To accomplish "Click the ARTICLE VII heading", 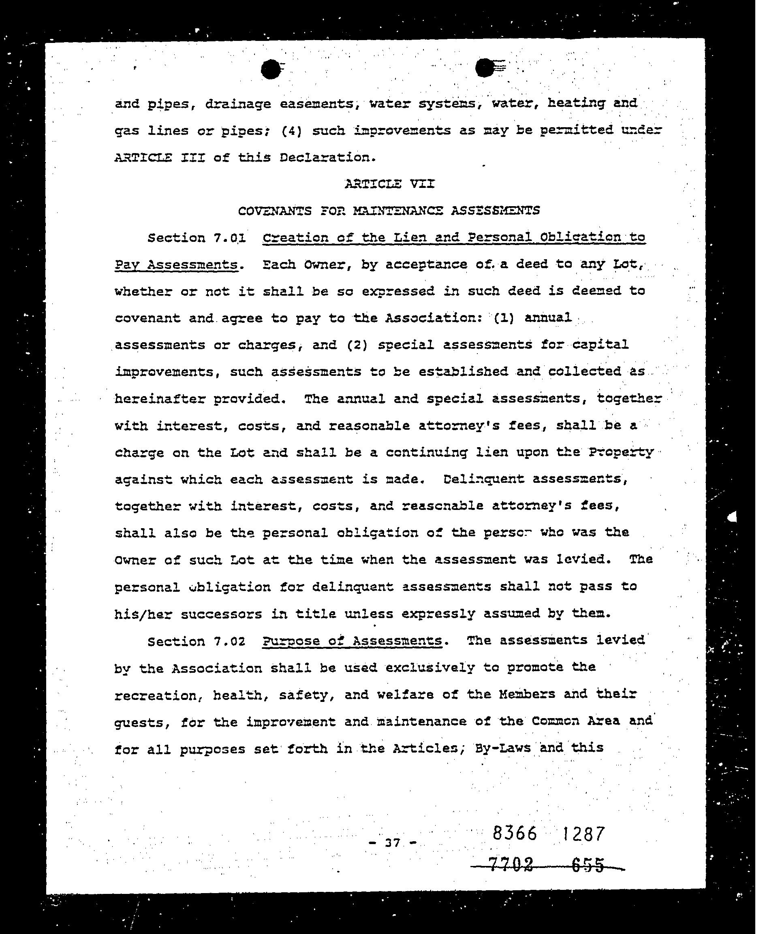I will pos(389,184).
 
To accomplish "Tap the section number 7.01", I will pos(229,238).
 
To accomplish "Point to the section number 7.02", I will pos(229,642).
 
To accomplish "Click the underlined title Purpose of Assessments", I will pos(352,641).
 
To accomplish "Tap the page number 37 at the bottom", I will pos(392,843).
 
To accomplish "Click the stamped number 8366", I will pos(515,834).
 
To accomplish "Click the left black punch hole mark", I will pos(271,70).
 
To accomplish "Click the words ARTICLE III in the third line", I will pos(160,158).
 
